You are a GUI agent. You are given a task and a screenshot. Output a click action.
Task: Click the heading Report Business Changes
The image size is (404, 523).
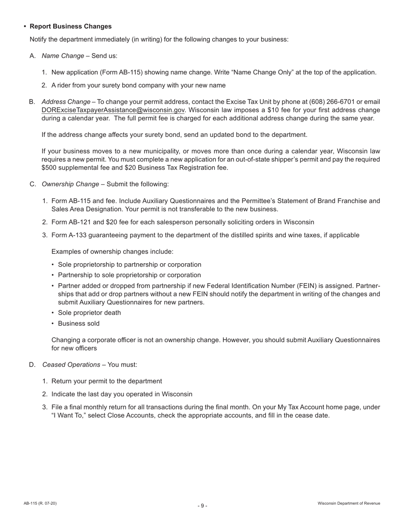tap(71, 26)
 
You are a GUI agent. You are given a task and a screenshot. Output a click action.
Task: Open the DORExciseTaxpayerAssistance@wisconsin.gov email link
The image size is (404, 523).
tap(113, 110)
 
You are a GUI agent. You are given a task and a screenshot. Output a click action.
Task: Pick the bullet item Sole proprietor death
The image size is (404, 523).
tap(89, 313)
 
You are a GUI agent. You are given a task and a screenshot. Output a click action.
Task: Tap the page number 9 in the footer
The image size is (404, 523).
tap(202, 506)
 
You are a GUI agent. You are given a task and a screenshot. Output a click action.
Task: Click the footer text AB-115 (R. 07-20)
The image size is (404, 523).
tap(40, 503)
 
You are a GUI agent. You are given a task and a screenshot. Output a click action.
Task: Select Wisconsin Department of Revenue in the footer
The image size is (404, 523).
tap(349, 503)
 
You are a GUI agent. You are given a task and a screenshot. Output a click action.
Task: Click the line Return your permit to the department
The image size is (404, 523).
tap(106, 381)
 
